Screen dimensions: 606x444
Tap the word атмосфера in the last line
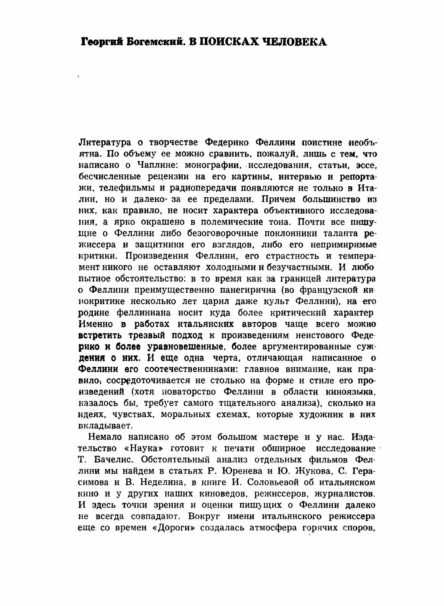click(271, 527)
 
